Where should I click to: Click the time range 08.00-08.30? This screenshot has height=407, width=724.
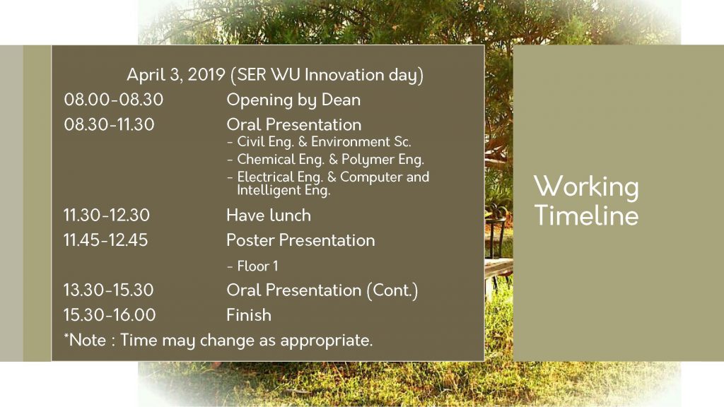click(x=114, y=100)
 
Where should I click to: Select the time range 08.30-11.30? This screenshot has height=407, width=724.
click(x=109, y=124)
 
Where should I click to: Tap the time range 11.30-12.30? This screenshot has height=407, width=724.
click(x=107, y=215)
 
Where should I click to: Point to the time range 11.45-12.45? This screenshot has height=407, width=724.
click(x=106, y=240)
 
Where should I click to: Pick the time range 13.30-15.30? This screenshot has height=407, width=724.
click(x=108, y=290)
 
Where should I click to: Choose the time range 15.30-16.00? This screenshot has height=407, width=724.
click(x=110, y=314)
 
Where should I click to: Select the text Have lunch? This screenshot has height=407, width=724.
click(x=269, y=215)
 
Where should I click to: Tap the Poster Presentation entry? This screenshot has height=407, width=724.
click(x=300, y=240)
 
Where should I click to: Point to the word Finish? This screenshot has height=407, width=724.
click(x=249, y=314)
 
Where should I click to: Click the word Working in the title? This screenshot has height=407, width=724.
click(x=586, y=187)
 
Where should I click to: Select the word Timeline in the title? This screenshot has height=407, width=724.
click(x=586, y=215)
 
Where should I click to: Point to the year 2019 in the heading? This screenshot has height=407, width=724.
click(x=206, y=75)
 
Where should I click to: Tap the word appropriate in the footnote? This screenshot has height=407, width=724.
click(x=326, y=341)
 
